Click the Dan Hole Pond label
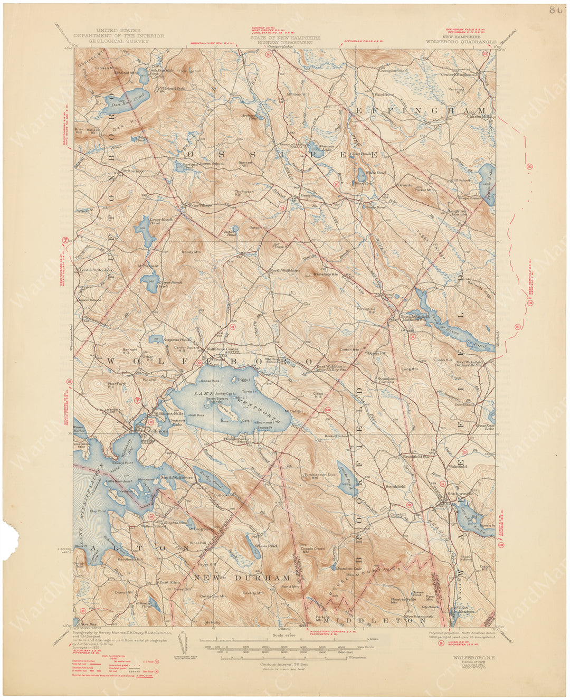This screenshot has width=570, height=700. (120, 105)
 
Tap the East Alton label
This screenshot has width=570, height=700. (167, 582)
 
